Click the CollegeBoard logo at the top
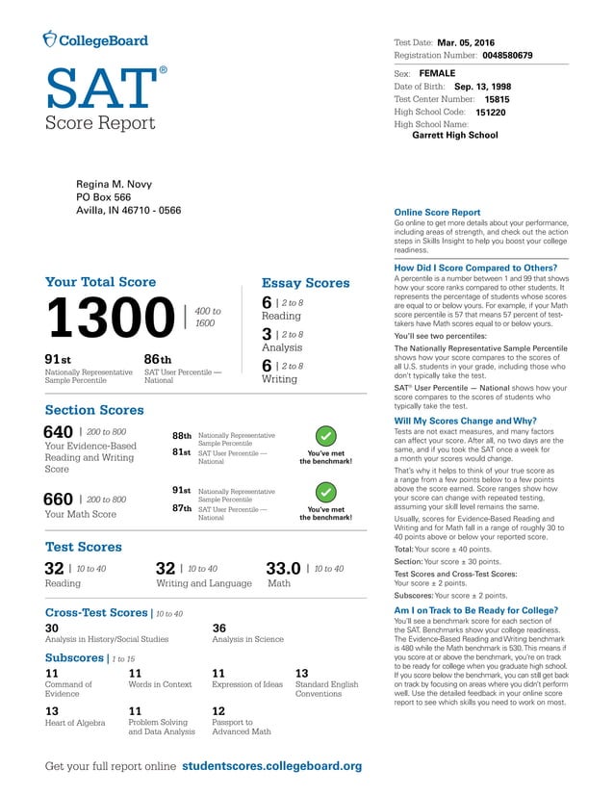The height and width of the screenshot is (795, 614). [x=95, y=39]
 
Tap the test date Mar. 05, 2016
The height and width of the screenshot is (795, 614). [x=466, y=43]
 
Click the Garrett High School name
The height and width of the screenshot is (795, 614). [x=454, y=136]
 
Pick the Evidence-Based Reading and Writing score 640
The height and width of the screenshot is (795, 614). [x=59, y=432]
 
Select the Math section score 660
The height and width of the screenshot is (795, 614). [x=59, y=499]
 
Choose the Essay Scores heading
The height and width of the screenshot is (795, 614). [x=305, y=283]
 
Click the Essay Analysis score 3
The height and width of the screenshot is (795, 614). [x=267, y=334]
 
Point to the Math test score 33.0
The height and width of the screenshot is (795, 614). [x=282, y=569]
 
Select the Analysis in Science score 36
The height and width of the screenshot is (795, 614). [x=219, y=628]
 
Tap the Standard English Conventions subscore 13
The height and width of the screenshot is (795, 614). [x=301, y=674]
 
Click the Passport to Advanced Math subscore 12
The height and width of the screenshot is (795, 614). [x=218, y=711]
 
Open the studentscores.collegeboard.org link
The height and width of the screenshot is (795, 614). [x=271, y=766]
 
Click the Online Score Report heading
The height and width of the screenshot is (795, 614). [x=437, y=212]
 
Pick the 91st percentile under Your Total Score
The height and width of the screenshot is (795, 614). [x=58, y=359]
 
